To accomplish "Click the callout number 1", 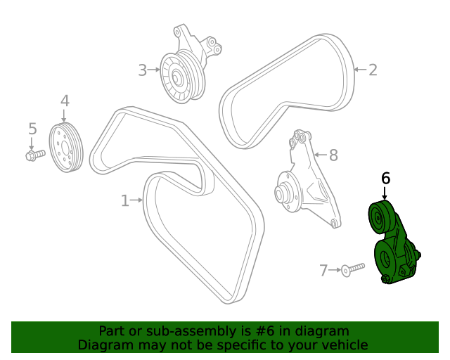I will coord(124,201).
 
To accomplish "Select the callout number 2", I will coord(373,70).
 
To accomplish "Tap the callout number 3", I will coord(142,70).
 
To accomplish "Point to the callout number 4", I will coord(65,101).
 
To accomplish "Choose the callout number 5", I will coord(32,129).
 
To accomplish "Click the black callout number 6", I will coord(385,179).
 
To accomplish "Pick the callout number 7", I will coord(323,270).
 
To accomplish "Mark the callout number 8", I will coord(333,155).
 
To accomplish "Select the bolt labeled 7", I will coord(354,268).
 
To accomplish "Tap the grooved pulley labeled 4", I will coord(67,147).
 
